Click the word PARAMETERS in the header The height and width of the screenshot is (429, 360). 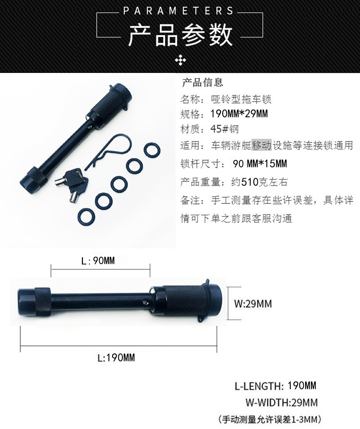coord(178,11)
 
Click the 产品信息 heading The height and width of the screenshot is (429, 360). coord(202,82)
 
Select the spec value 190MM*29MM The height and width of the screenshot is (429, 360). coord(239,113)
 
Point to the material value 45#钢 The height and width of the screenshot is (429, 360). coord(225,129)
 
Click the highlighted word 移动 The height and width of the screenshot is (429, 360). coord(261,145)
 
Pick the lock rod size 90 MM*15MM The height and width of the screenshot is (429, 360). coord(260,163)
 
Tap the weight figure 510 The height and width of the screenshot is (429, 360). coord(249,182)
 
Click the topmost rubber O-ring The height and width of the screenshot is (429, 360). coord(152,150)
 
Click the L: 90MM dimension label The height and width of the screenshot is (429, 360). coord(98,261)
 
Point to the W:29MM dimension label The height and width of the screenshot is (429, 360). coord(253,304)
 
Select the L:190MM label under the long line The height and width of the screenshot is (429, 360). coord(116,357)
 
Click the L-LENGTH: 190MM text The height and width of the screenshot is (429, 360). coord(275,386)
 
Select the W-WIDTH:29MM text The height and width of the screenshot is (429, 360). coord(282,402)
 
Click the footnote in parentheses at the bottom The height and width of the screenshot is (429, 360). coord(270,419)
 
